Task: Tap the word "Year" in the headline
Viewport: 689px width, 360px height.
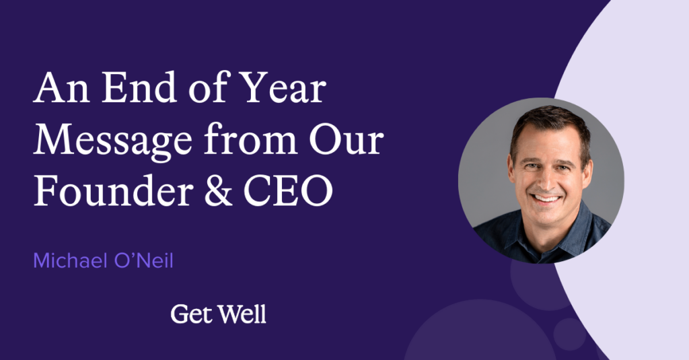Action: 285,87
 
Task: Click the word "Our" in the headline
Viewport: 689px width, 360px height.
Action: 347,140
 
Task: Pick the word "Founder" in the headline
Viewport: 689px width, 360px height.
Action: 113,190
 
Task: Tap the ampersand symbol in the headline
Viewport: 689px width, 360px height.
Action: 219,191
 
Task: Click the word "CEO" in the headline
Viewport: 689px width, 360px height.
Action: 288,191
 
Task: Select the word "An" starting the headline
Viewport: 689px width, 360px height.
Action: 61,88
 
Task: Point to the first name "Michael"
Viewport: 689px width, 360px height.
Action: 70,260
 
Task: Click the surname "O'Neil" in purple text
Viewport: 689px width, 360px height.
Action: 144,260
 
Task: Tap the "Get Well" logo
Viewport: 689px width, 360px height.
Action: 219,314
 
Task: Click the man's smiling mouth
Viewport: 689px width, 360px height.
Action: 545,199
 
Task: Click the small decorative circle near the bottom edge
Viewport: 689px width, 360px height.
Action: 570,334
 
